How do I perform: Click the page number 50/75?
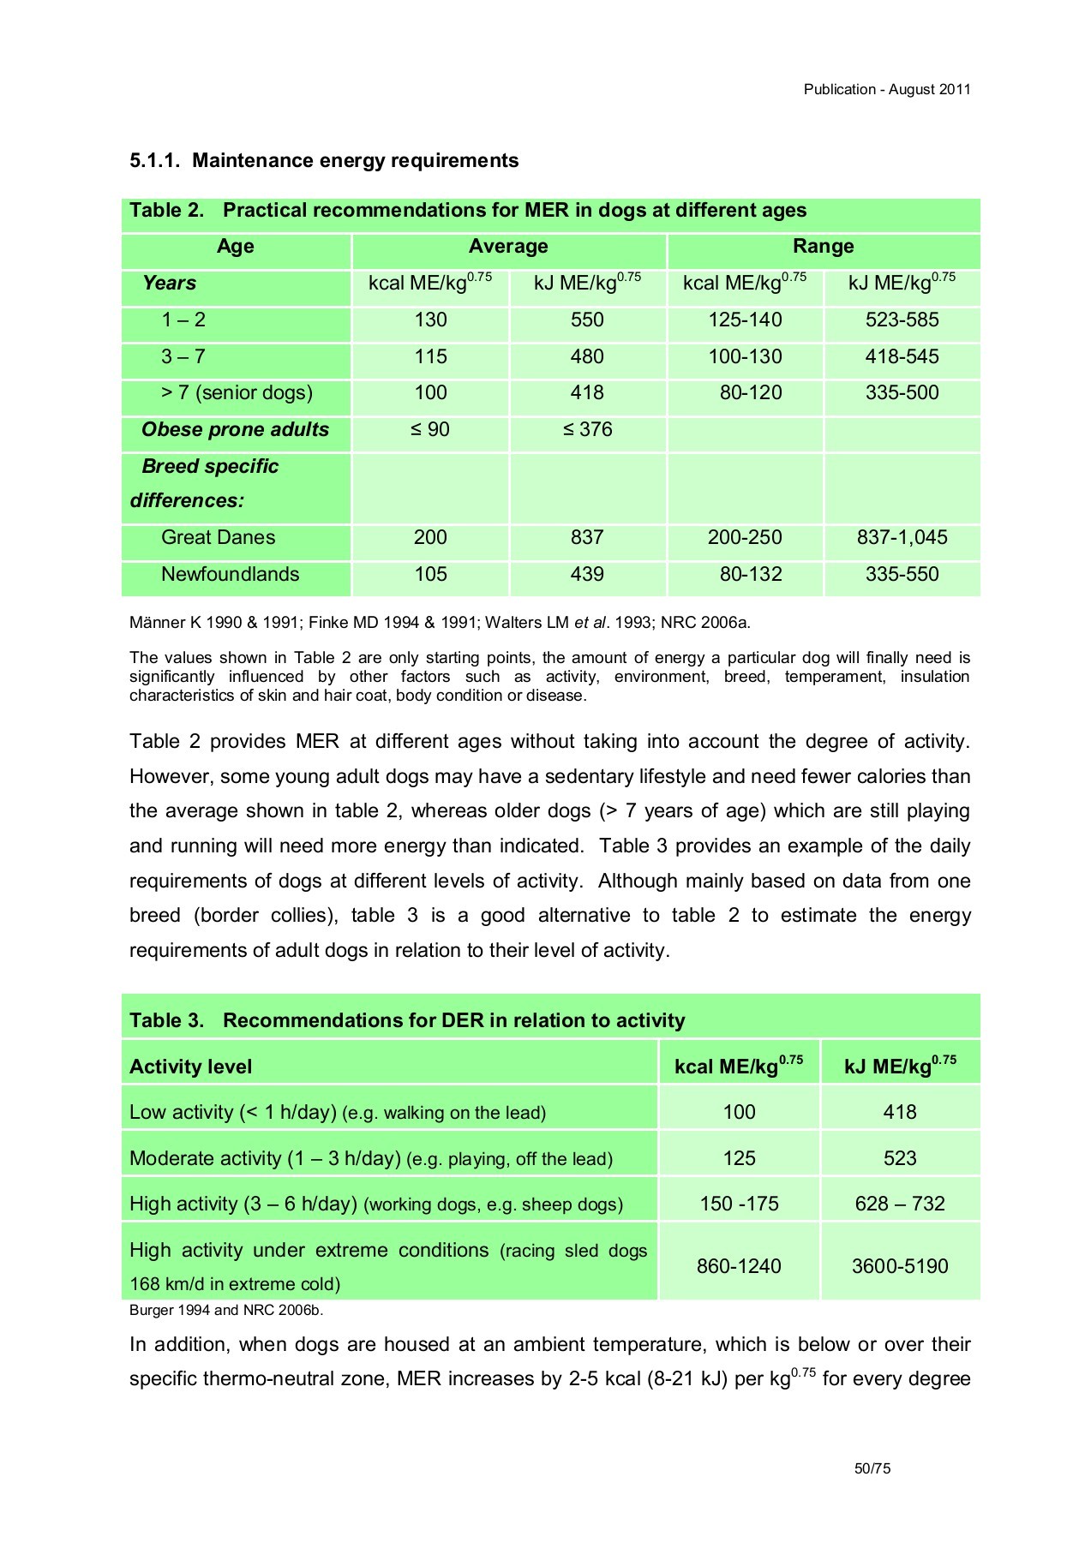[x=872, y=1468]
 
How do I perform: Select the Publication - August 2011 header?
[x=886, y=89]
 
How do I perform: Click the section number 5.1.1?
[x=155, y=161]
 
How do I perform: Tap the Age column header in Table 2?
[x=235, y=247]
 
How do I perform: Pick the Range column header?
[x=823, y=247]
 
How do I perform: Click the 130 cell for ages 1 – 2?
[x=430, y=320]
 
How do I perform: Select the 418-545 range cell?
[x=902, y=356]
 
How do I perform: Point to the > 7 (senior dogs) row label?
[x=237, y=393]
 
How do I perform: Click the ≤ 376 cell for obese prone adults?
[x=587, y=430]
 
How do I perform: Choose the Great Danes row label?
[x=218, y=538]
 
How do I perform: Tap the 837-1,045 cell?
[x=902, y=538]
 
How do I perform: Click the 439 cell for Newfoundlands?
[x=587, y=575]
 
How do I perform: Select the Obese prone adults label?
[x=235, y=430]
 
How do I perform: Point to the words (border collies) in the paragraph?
[x=266, y=916]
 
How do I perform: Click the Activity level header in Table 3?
[x=190, y=1067]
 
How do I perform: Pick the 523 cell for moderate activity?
[x=900, y=1159]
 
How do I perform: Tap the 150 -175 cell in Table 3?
[x=739, y=1204]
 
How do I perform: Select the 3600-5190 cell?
[x=900, y=1267]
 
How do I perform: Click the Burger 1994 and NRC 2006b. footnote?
[x=226, y=1311]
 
